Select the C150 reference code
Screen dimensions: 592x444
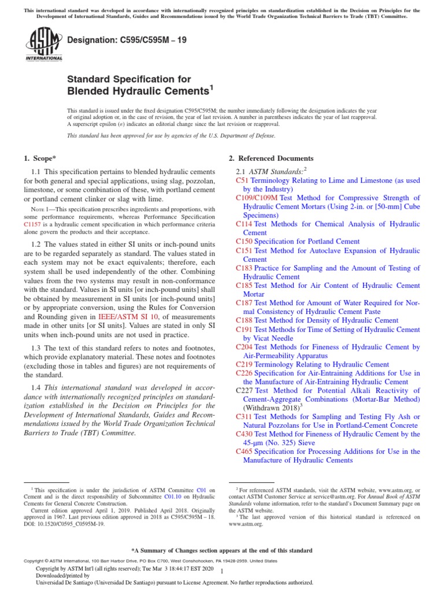point(244,241)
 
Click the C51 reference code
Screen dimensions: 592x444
point(242,180)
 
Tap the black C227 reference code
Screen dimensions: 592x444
point(244,391)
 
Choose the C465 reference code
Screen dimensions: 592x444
point(244,451)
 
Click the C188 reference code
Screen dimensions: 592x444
point(244,320)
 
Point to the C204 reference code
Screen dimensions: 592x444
point(244,347)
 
